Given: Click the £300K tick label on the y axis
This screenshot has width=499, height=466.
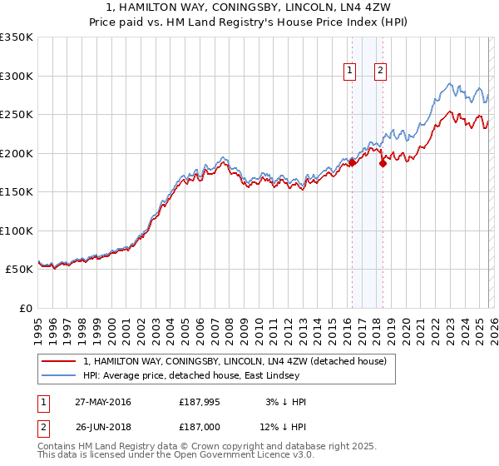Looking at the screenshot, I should pyautogui.click(x=17, y=76).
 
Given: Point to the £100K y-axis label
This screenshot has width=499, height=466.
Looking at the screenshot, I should pyautogui.click(x=17, y=231).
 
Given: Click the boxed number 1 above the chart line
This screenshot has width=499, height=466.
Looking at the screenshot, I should pyautogui.click(x=349, y=72).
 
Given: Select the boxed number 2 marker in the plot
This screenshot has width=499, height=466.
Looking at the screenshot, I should pyautogui.click(x=380, y=72).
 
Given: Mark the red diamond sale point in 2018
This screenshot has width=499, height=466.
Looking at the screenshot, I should pyautogui.click(x=383, y=164).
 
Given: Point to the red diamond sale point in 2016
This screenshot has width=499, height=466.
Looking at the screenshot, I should pyautogui.click(x=352, y=163).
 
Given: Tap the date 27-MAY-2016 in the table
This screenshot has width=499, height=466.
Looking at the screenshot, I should pyautogui.click(x=102, y=402).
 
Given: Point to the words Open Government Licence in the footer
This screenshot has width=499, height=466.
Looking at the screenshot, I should pyautogui.click(x=233, y=455).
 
